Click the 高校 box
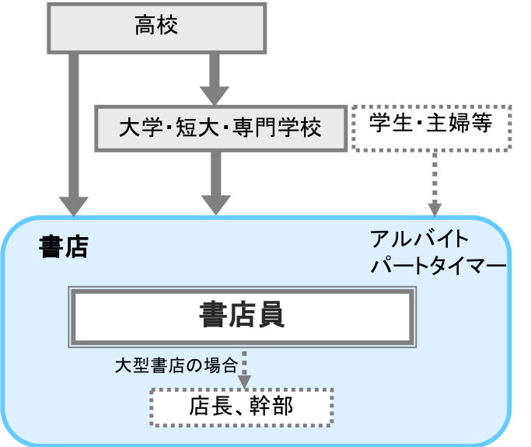(x=157, y=27)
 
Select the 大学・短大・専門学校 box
(x=221, y=127)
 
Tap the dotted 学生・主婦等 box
(x=432, y=124)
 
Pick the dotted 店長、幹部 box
(x=242, y=406)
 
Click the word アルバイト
(x=420, y=239)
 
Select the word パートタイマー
(x=438, y=266)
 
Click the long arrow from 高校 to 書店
(x=75, y=132)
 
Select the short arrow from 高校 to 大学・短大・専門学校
(x=215, y=79)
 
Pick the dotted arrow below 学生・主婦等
(x=435, y=183)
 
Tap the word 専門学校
(x=283, y=127)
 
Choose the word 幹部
(x=271, y=406)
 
